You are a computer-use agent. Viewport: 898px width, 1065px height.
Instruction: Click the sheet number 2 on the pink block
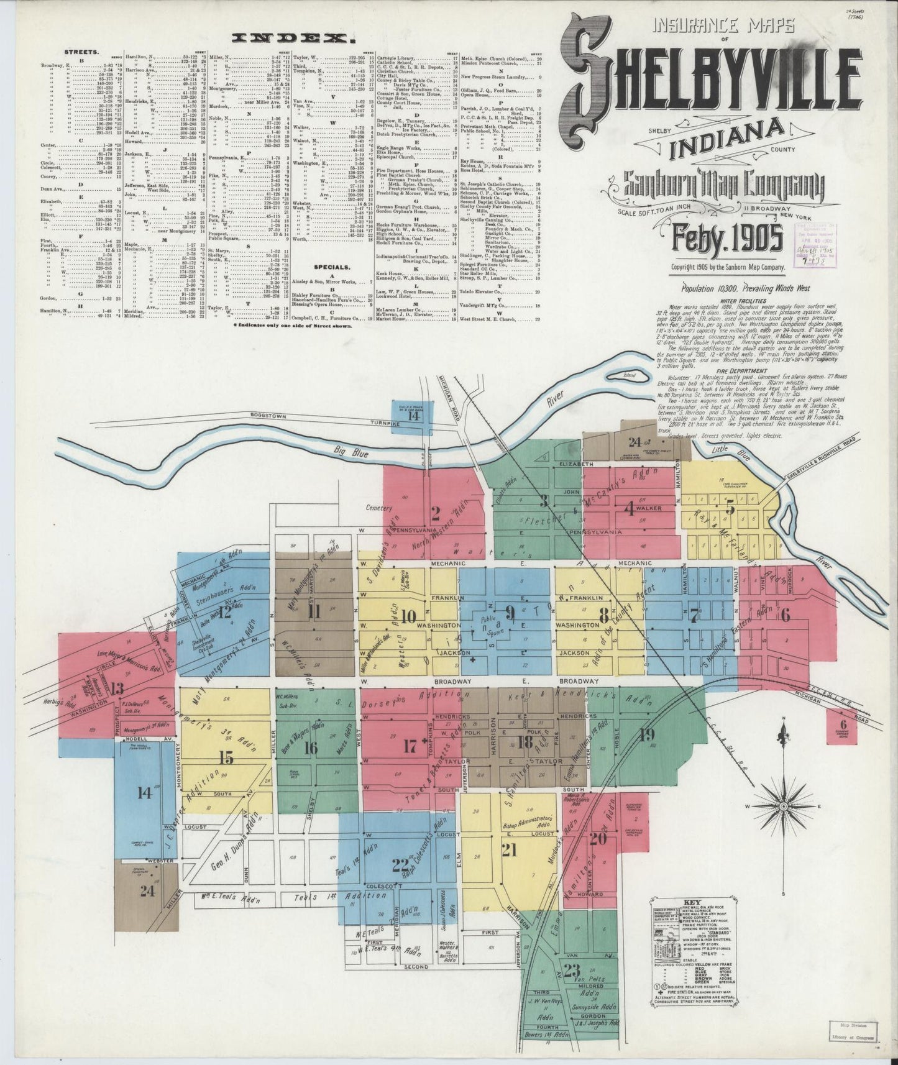click(x=436, y=513)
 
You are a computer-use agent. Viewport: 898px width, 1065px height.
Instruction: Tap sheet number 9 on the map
click(x=510, y=614)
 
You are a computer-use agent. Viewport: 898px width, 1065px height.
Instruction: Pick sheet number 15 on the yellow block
click(x=226, y=757)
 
